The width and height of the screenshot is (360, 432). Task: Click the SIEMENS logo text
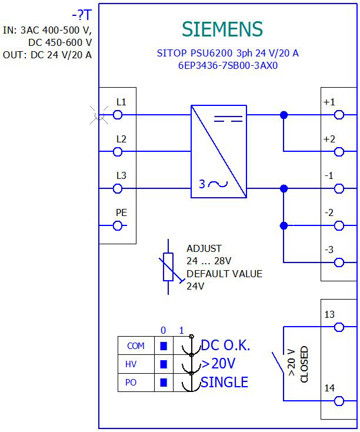[222, 29]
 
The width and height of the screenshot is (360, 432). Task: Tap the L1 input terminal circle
[118, 115]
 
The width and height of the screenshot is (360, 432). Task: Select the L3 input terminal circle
[118, 188]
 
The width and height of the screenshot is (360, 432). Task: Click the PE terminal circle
[118, 225]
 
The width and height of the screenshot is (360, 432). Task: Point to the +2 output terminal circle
[339, 151]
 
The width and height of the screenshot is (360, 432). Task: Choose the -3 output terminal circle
[339, 262]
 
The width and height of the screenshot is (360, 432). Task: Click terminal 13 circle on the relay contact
[339, 327]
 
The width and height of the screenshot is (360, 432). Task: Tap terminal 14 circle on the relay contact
[339, 401]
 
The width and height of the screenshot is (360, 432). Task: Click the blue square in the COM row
[164, 345]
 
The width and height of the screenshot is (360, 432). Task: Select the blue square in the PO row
[164, 383]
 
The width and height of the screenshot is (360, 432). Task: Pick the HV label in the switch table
[131, 364]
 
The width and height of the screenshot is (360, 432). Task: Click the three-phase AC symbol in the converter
[214, 184]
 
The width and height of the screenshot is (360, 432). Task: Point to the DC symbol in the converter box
[228, 119]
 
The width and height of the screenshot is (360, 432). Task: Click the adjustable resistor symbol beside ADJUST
[168, 267]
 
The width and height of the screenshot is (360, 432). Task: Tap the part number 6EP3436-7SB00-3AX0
[228, 65]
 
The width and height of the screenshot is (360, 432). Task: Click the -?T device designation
[82, 15]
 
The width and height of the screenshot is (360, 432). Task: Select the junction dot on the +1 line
[284, 115]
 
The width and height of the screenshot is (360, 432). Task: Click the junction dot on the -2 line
[284, 225]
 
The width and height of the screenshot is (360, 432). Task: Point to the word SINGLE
[225, 382]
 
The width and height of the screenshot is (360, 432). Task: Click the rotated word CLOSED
[304, 364]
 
